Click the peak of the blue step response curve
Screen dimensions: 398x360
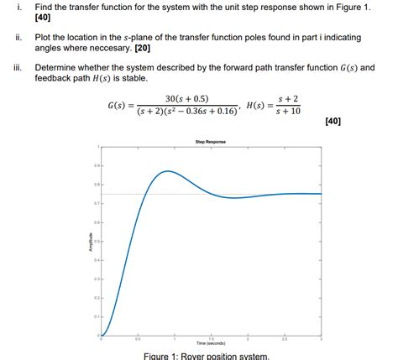point(166,171)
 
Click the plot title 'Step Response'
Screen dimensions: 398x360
point(210,141)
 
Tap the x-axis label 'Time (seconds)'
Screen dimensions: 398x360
point(210,343)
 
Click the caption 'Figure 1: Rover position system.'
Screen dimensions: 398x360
point(207,356)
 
